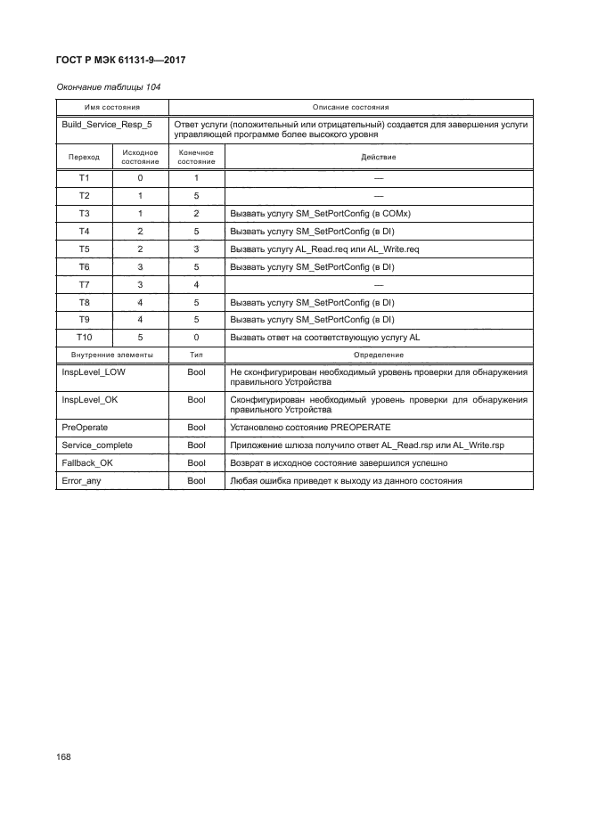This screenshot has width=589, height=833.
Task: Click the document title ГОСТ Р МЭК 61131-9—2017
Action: click(121, 61)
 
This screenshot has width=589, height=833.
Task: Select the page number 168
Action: click(63, 755)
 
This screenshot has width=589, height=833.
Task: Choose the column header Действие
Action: click(378, 157)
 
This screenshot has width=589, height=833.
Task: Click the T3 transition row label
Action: click(85, 214)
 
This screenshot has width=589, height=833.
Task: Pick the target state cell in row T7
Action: click(196, 285)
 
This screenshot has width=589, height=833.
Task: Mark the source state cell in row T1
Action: click(140, 178)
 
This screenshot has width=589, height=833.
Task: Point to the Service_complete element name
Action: click(97, 445)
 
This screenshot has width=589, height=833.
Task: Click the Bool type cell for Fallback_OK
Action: click(196, 463)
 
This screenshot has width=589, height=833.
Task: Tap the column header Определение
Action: click(378, 355)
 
